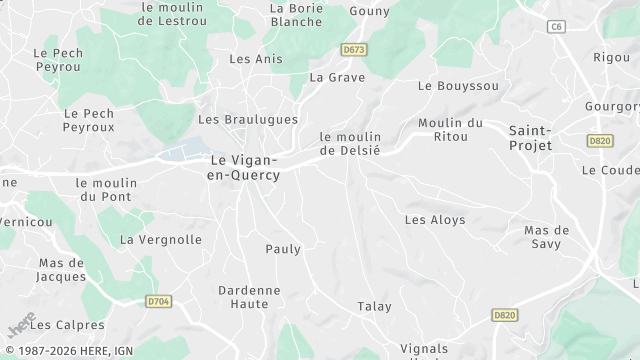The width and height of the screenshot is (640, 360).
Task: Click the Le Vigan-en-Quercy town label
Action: pos(244,167)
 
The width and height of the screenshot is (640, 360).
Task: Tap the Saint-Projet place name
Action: pos(530,138)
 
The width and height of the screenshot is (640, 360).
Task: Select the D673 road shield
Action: pos(351,49)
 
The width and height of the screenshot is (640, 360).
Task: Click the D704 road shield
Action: pos(158,300)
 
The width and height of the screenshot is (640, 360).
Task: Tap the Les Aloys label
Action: pos(435,219)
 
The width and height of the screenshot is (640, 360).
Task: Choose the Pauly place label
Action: pos(283,248)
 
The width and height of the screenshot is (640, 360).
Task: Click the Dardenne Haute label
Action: pos(249,296)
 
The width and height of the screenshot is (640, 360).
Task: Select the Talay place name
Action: pos(375,306)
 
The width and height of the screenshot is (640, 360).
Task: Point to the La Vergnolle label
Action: pos(161,240)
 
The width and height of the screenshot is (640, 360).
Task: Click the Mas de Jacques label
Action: pos(62,270)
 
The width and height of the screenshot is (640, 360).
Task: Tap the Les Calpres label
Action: pos(67,325)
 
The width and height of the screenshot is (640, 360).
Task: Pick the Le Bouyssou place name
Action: pos(458,86)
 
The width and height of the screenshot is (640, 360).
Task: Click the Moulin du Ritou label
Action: pos(451,129)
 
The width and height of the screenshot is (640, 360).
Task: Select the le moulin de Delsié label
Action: pos(350,143)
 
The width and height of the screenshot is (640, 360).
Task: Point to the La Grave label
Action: pos(337,77)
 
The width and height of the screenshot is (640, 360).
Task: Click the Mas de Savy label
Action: pos(547,237)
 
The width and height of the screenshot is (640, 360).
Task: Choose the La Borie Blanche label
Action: pos(296,15)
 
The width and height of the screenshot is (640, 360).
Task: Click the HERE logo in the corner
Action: pos(20,326)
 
